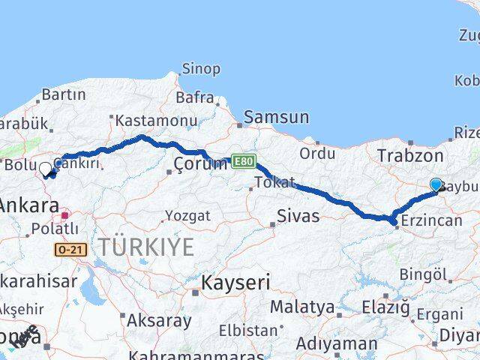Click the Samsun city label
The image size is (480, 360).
(x=276, y=117)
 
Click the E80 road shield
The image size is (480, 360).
(x=243, y=160)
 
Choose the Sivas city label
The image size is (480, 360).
(x=298, y=217)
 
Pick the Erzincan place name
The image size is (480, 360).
(x=433, y=221)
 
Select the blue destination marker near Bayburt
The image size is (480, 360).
(x=436, y=184)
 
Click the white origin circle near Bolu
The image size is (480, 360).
(x=45, y=169)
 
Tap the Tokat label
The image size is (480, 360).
(x=274, y=182)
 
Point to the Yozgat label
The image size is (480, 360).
(x=187, y=216)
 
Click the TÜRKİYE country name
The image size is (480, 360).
(x=146, y=246)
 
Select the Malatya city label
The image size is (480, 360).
(x=301, y=307)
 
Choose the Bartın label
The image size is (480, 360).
(x=63, y=95)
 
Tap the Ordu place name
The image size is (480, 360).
(x=317, y=153)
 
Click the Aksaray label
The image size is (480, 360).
(x=159, y=320)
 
